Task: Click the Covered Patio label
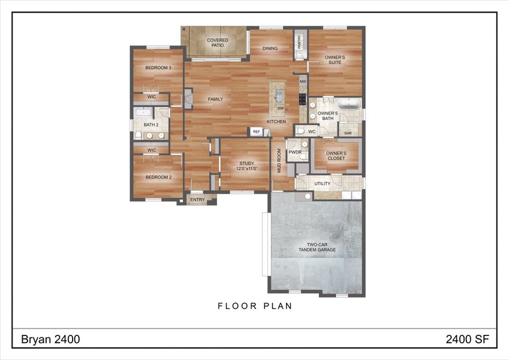click(x=218, y=43)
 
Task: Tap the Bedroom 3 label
click(x=158, y=68)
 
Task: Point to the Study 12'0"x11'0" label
click(x=247, y=166)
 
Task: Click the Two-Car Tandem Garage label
click(x=317, y=247)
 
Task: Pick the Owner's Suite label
click(x=335, y=59)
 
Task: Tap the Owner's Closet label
click(x=336, y=156)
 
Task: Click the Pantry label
click(x=299, y=42)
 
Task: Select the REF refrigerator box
click(x=257, y=131)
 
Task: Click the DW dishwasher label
click(x=280, y=108)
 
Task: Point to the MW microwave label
click(x=303, y=81)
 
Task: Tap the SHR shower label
click(x=348, y=133)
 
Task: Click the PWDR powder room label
click(x=294, y=152)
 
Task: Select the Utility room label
click(x=323, y=184)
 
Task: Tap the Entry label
click(x=197, y=200)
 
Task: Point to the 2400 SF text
click(x=467, y=340)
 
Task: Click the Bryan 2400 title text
click(x=50, y=340)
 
